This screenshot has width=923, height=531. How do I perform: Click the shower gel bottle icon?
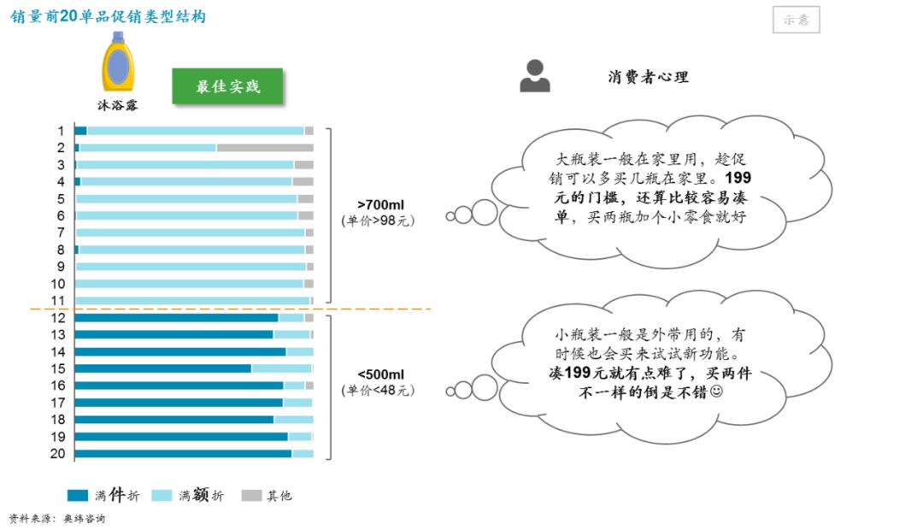point(118,62)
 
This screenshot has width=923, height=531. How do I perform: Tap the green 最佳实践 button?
point(227,86)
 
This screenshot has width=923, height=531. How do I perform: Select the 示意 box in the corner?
point(796,20)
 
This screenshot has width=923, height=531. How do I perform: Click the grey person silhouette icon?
point(534,76)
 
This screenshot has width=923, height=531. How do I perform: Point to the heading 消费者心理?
point(648,77)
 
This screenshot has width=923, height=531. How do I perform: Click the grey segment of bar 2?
point(265,148)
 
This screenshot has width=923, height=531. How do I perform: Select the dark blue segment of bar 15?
point(163,369)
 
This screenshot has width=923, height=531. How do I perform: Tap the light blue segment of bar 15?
point(281,369)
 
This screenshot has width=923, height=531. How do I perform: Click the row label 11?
point(58,301)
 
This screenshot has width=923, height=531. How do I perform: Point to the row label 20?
point(58,454)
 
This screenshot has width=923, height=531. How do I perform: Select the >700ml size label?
point(380,205)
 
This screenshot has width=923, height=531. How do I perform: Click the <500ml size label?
point(380,375)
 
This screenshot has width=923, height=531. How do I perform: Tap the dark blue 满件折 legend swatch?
point(78,496)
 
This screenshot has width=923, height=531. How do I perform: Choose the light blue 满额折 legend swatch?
point(162,496)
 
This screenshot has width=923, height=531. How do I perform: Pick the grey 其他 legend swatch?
point(251,496)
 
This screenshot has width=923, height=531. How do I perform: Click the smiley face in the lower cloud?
point(716,391)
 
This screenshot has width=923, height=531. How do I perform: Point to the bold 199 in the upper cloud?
point(738,178)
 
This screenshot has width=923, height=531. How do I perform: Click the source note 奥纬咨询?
point(84,519)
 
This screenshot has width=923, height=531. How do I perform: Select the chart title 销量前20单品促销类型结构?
point(108,16)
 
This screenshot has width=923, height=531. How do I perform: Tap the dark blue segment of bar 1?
point(80,131)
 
